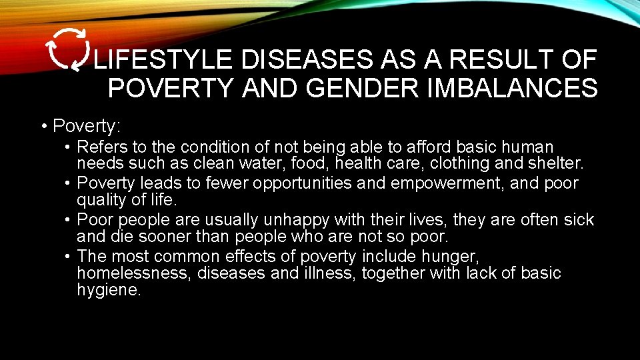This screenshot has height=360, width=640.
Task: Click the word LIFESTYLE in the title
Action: pos(163,61)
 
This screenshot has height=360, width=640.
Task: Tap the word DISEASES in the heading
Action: pos(308,61)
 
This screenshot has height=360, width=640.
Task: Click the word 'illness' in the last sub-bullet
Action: pos(329,273)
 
